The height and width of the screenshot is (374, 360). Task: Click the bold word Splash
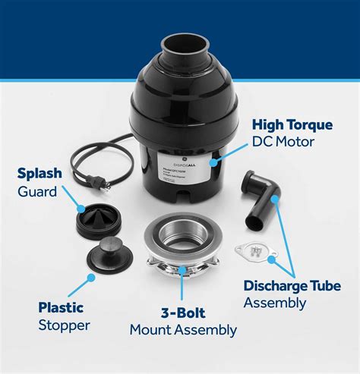pyautogui.click(x=39, y=174)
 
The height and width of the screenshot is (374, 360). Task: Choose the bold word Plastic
pyautogui.click(x=62, y=308)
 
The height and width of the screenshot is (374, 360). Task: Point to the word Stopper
pyautogui.click(x=65, y=326)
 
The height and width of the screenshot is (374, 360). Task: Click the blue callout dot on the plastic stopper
pyautogui.click(x=91, y=278)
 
